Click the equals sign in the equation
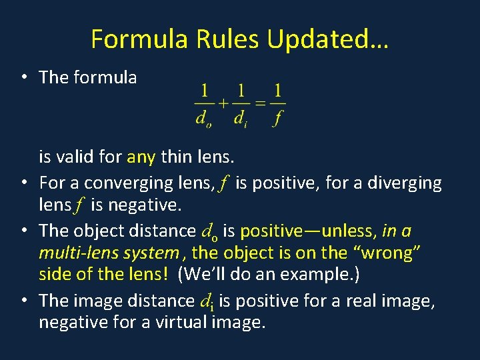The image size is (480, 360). (261, 103)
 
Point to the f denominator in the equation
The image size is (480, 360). (277, 119)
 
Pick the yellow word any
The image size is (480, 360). (141, 157)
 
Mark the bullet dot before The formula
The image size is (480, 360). (24, 77)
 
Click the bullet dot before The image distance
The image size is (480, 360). (24, 301)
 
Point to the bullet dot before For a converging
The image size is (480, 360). (24, 183)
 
